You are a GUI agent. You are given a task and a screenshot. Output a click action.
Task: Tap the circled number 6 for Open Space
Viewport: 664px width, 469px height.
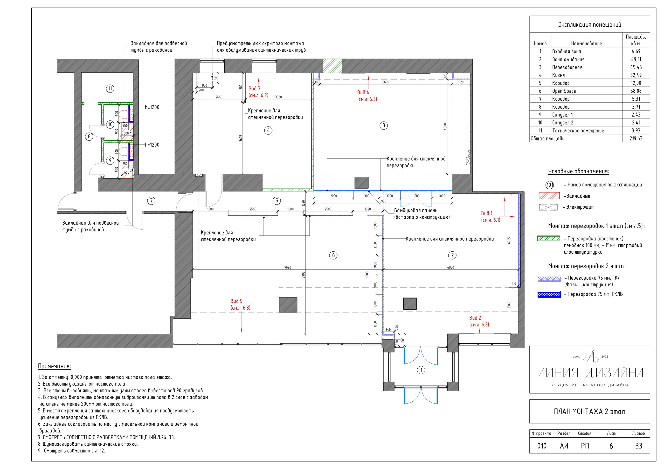pyautogui.click(x=333, y=255)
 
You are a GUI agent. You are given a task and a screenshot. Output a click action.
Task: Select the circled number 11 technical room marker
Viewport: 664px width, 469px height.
pyautogui.click(x=110, y=88)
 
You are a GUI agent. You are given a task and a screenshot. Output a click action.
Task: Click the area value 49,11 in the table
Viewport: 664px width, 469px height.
pyautogui.click(x=636, y=59)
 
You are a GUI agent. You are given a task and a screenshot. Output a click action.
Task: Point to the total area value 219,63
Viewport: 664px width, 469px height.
pyautogui.click(x=636, y=138)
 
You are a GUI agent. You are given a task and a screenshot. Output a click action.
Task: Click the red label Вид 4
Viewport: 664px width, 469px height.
pyautogui.click(x=363, y=93)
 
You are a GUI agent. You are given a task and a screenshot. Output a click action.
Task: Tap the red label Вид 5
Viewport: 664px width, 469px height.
pyautogui.click(x=236, y=301)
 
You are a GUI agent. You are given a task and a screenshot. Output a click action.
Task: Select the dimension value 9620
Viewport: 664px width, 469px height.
pyautogui.click(x=287, y=267)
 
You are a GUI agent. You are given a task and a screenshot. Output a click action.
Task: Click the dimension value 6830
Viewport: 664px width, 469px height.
pyautogui.click(x=451, y=267)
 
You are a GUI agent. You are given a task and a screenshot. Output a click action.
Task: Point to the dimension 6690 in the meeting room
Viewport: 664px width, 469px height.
pyautogui.click(x=385, y=82)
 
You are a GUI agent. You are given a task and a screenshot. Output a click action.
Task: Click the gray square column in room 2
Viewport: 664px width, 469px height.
pyautogui.click(x=410, y=304)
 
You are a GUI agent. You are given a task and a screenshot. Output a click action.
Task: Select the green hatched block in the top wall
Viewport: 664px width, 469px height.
pyautogui.click(x=332, y=66)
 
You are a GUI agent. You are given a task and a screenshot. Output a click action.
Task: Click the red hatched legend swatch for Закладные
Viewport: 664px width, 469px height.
pyautogui.click(x=549, y=196)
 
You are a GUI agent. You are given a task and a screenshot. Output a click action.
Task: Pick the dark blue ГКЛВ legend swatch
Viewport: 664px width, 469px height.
pyautogui.click(x=549, y=294)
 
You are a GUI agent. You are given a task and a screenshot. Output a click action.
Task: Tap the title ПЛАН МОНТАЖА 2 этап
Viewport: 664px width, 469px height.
pyautogui.click(x=589, y=411)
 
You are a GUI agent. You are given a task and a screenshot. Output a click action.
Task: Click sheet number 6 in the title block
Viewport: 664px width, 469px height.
pyautogui.click(x=611, y=446)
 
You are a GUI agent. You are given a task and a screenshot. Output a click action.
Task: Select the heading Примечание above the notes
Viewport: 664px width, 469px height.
pyautogui.click(x=54, y=366)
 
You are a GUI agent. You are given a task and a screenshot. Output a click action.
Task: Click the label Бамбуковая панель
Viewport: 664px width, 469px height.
pyautogui.click(x=416, y=210)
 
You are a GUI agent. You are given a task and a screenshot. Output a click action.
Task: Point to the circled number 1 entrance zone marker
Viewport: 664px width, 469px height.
pyautogui.click(x=421, y=370)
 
